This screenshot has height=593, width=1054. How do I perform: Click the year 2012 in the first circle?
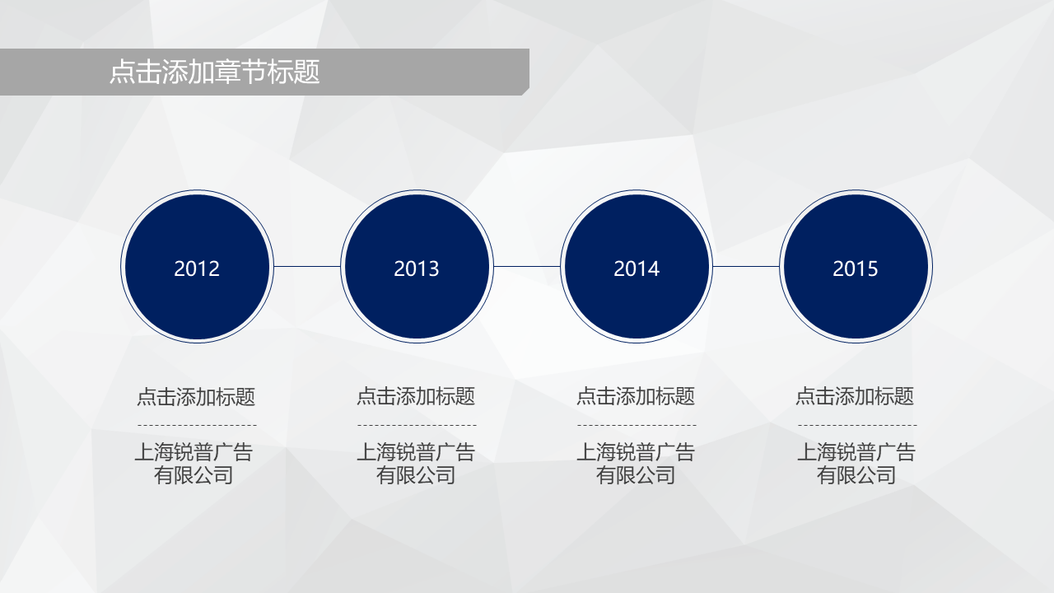pyautogui.click(x=197, y=268)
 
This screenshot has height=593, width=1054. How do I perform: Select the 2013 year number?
pyautogui.click(x=417, y=268)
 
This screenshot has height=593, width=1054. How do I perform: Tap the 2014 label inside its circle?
pyautogui.click(x=637, y=268)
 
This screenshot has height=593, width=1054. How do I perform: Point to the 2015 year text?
pyautogui.click(x=856, y=268)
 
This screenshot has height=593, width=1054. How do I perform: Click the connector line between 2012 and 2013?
pyautogui.click(x=307, y=266)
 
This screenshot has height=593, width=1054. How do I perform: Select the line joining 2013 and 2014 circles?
pyautogui.click(x=526, y=266)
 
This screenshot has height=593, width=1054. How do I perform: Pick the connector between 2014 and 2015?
pyautogui.click(x=746, y=266)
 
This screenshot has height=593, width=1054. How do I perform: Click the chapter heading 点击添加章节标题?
pyautogui.click(x=215, y=72)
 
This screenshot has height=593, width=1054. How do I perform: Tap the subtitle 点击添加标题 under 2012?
pyautogui.click(x=196, y=397)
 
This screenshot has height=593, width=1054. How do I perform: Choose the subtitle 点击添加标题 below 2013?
pyautogui.click(x=416, y=396)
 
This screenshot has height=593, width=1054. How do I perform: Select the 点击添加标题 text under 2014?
pyautogui.click(x=636, y=396)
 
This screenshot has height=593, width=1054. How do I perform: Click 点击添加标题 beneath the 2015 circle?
pyautogui.click(x=855, y=396)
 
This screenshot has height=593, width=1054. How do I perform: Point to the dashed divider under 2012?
pyautogui.click(x=197, y=426)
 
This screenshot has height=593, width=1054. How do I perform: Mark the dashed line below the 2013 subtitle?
pyautogui.click(x=417, y=426)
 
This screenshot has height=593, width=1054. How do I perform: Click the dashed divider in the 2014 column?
pyautogui.click(x=637, y=426)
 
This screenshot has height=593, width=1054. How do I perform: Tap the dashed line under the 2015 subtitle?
pyautogui.click(x=857, y=426)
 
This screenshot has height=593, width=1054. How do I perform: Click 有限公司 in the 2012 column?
pyautogui.click(x=194, y=475)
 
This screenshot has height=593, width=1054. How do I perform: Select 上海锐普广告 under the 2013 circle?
pyautogui.click(x=416, y=452)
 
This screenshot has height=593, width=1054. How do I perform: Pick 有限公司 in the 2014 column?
pyautogui.click(x=636, y=475)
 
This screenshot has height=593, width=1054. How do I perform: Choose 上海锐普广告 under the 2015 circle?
pyautogui.click(x=856, y=452)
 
